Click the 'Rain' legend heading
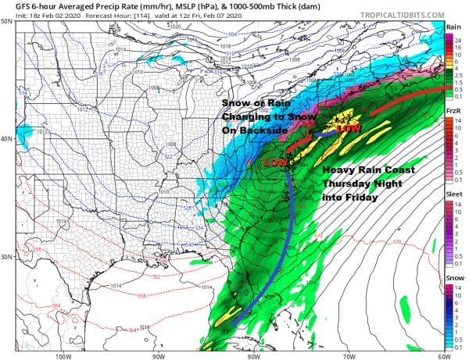point(453,27)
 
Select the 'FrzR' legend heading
point(453,112)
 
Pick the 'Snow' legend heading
point(453,278)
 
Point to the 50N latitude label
point(7,21)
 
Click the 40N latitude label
point(7,139)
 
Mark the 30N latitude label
point(7,257)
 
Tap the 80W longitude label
point(252,355)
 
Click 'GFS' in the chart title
point(14,6)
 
